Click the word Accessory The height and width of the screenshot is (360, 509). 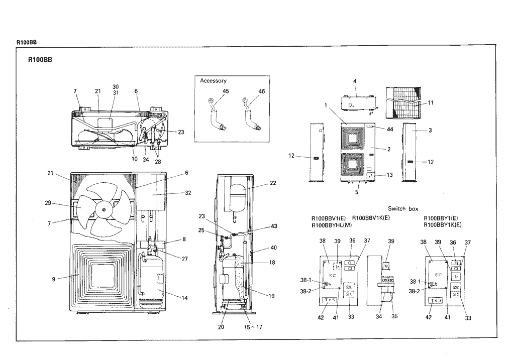(213, 81)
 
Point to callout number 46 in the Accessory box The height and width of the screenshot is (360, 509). (261, 91)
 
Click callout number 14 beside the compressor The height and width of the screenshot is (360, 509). (184, 298)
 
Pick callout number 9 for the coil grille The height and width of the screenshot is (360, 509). (53, 279)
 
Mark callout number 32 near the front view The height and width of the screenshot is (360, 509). (188, 192)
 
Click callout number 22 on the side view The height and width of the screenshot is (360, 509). (273, 183)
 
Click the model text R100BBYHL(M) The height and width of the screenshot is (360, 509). (331, 225)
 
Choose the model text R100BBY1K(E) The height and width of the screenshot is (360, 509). (443, 225)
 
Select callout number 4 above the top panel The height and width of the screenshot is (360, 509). (354, 80)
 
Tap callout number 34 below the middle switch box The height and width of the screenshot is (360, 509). (378, 317)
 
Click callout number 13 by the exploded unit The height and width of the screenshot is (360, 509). (389, 175)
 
